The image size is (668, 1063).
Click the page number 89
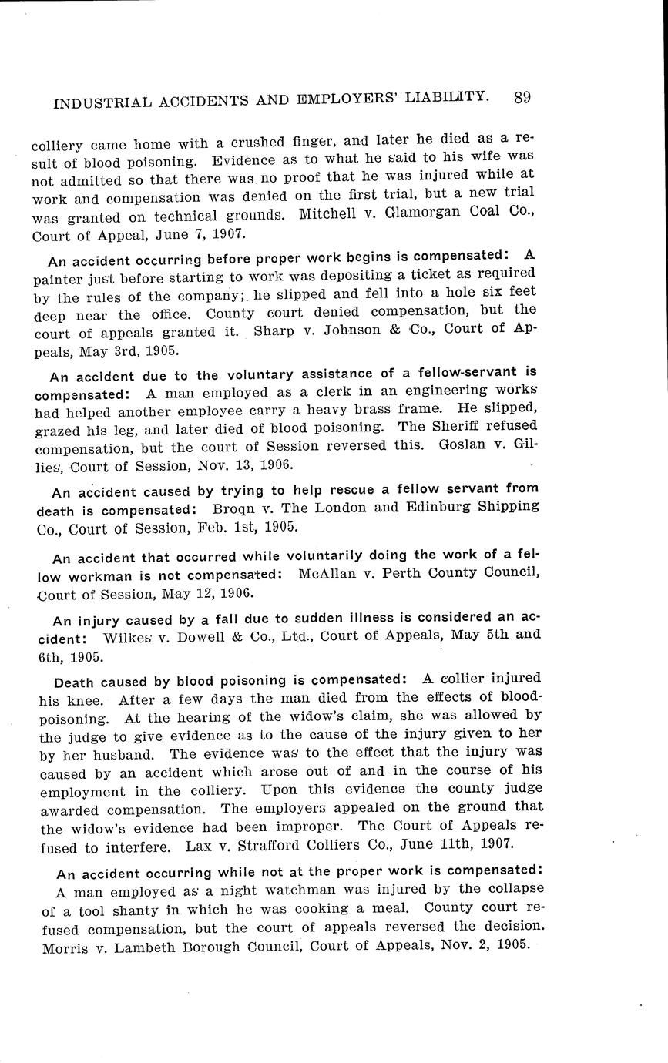(522, 97)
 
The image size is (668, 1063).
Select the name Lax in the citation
(200, 845)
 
